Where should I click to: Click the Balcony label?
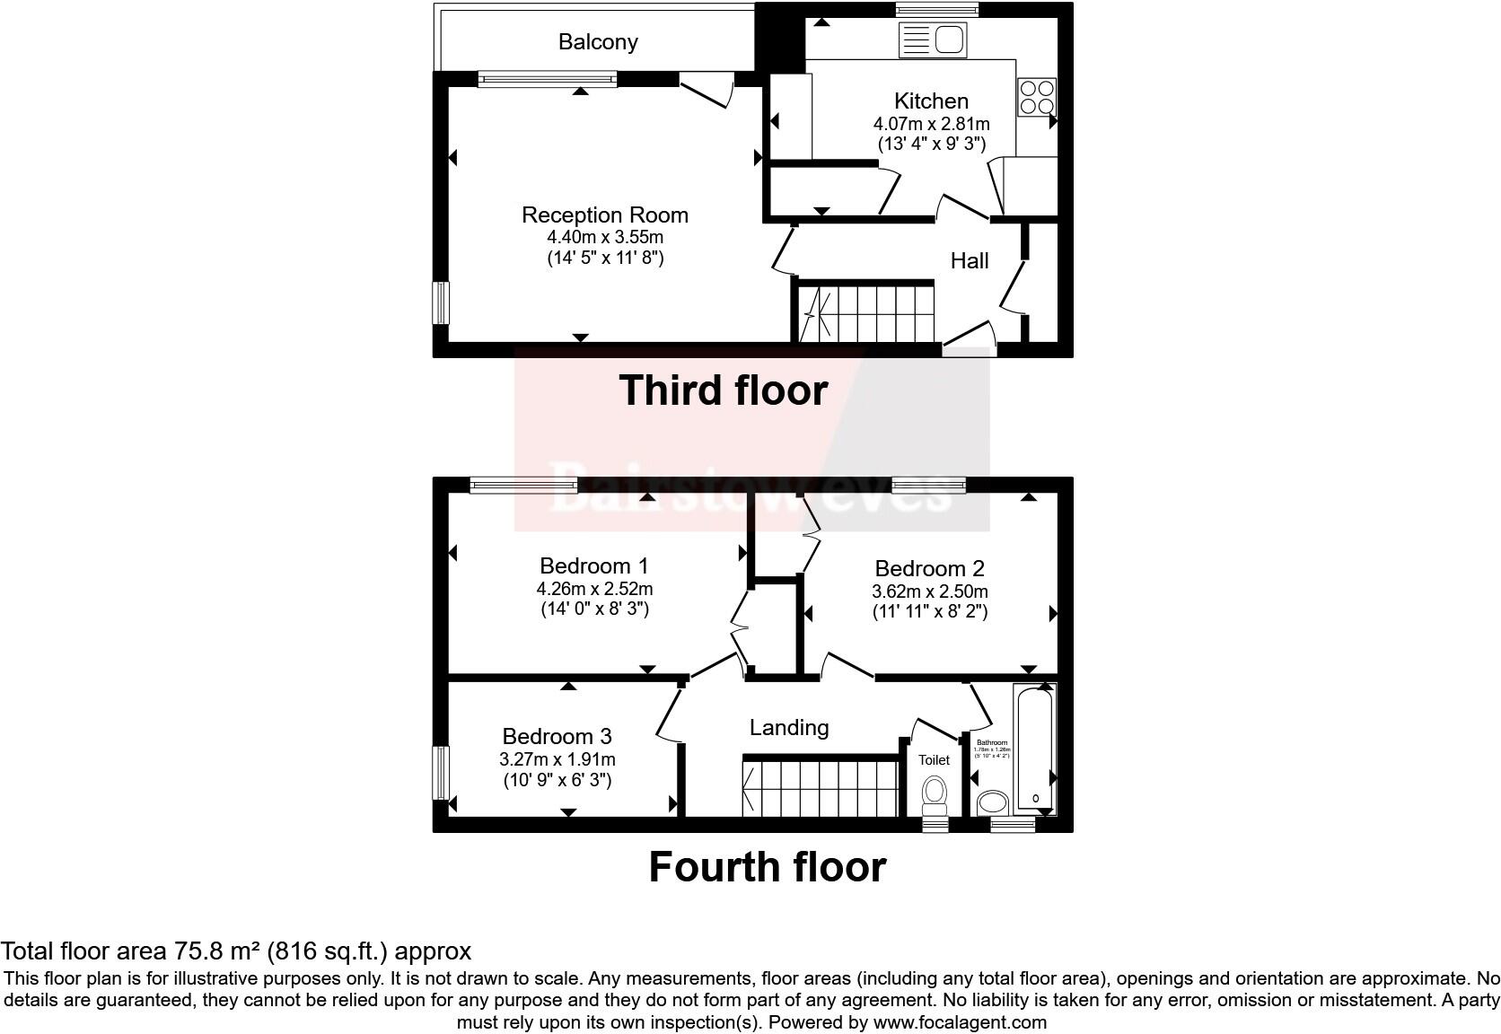(x=598, y=42)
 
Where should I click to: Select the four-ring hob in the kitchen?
(x=1037, y=97)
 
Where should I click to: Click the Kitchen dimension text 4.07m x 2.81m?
(x=931, y=124)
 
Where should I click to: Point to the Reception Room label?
(x=604, y=215)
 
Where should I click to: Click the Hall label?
(x=970, y=261)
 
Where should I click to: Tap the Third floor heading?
(x=723, y=391)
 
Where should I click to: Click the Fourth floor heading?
(x=767, y=868)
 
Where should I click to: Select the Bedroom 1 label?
(x=593, y=566)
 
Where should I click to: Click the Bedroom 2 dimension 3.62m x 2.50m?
(x=929, y=592)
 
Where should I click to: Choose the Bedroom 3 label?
(x=557, y=737)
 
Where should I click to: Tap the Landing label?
(x=789, y=728)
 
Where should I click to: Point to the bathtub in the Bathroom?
(x=1035, y=749)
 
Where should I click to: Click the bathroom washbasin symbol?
(x=993, y=801)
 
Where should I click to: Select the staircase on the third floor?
(x=865, y=313)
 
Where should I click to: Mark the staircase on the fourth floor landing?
(x=819, y=788)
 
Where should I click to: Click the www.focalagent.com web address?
(x=959, y=1022)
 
